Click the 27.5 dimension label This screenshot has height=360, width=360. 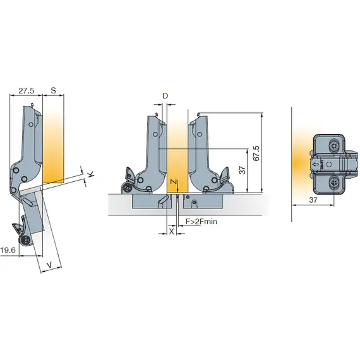[x=25, y=91]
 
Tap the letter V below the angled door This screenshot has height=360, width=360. [x=49, y=265]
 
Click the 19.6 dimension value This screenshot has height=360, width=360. [x=9, y=251]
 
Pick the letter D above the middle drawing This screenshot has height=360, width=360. [x=165, y=95]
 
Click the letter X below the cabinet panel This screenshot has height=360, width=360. [x=171, y=231]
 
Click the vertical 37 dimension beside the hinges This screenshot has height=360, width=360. [x=241, y=171]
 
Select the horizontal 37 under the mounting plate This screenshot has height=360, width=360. [x=314, y=199]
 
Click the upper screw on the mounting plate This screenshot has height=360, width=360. [x=332, y=147]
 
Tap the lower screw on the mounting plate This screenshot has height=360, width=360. [x=332, y=183]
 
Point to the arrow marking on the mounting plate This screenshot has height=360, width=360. [x=315, y=165]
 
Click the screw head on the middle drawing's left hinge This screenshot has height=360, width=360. [x=128, y=187]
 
